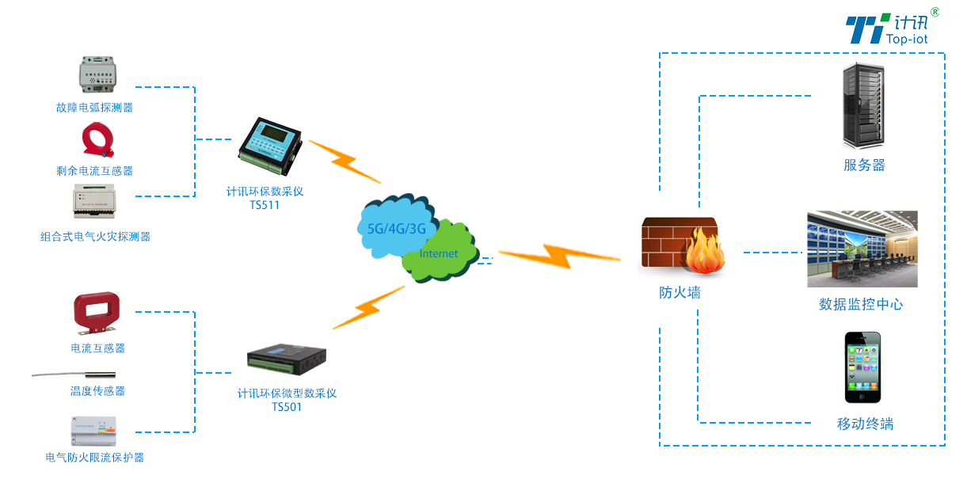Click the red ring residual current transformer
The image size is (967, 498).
tap(98, 140)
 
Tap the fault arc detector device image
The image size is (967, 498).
tap(99, 75)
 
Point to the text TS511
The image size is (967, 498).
tap(265, 205)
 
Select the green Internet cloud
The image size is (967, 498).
tap(440, 253)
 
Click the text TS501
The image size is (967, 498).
tap(286, 407)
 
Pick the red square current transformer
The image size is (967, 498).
tap(97, 314)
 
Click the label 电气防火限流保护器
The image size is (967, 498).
tap(95, 457)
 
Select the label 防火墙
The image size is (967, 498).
tap(680, 292)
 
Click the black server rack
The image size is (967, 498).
tap(863, 108)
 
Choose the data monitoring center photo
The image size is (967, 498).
tap(862, 249)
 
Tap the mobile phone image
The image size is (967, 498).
tap(862, 367)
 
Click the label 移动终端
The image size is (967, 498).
tap(865, 424)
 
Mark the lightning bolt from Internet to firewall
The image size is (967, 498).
tap(558, 256)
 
